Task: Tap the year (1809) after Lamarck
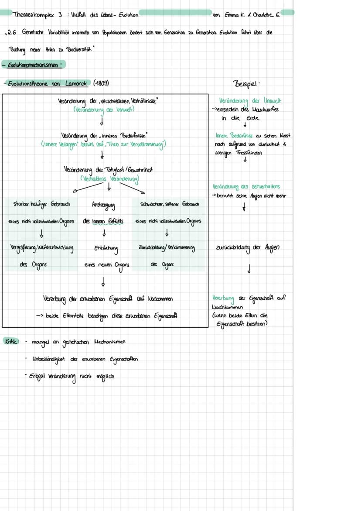tap(101, 83)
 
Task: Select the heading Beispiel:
tap(247, 83)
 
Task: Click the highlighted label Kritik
tap(10, 341)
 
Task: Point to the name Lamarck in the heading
tap(76, 83)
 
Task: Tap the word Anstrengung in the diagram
tap(103, 204)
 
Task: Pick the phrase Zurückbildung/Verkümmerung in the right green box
tap(167, 247)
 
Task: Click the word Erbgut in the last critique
tap(37, 376)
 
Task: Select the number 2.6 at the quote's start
tap(12, 33)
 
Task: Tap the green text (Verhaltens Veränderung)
tap(109, 178)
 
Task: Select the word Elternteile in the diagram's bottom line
tap(75, 316)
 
